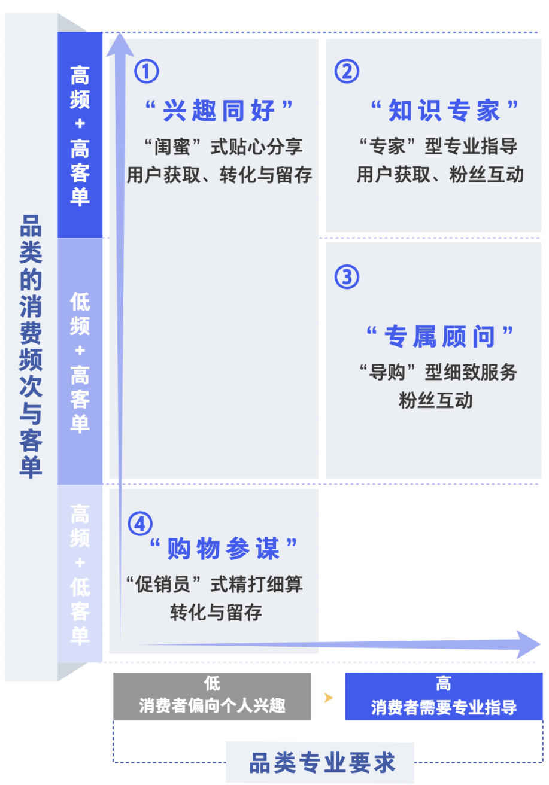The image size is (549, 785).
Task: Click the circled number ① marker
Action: (147, 72)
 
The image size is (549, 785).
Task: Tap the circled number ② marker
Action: (347, 72)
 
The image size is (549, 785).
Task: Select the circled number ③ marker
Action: (347, 277)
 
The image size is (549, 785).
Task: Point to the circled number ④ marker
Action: (140, 524)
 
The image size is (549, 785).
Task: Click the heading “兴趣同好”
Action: (220, 110)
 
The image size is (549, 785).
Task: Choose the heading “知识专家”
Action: (444, 110)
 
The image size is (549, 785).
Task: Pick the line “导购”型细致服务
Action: (438, 372)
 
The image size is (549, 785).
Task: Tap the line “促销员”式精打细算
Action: (216, 583)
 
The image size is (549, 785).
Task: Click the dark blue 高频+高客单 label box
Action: (80, 135)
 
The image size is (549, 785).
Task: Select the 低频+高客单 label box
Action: (80, 361)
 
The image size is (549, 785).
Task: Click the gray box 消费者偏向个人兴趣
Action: (212, 696)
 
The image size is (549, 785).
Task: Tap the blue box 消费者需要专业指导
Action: (444, 696)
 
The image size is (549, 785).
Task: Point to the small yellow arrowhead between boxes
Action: (328, 697)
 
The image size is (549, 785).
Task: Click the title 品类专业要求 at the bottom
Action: (322, 763)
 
